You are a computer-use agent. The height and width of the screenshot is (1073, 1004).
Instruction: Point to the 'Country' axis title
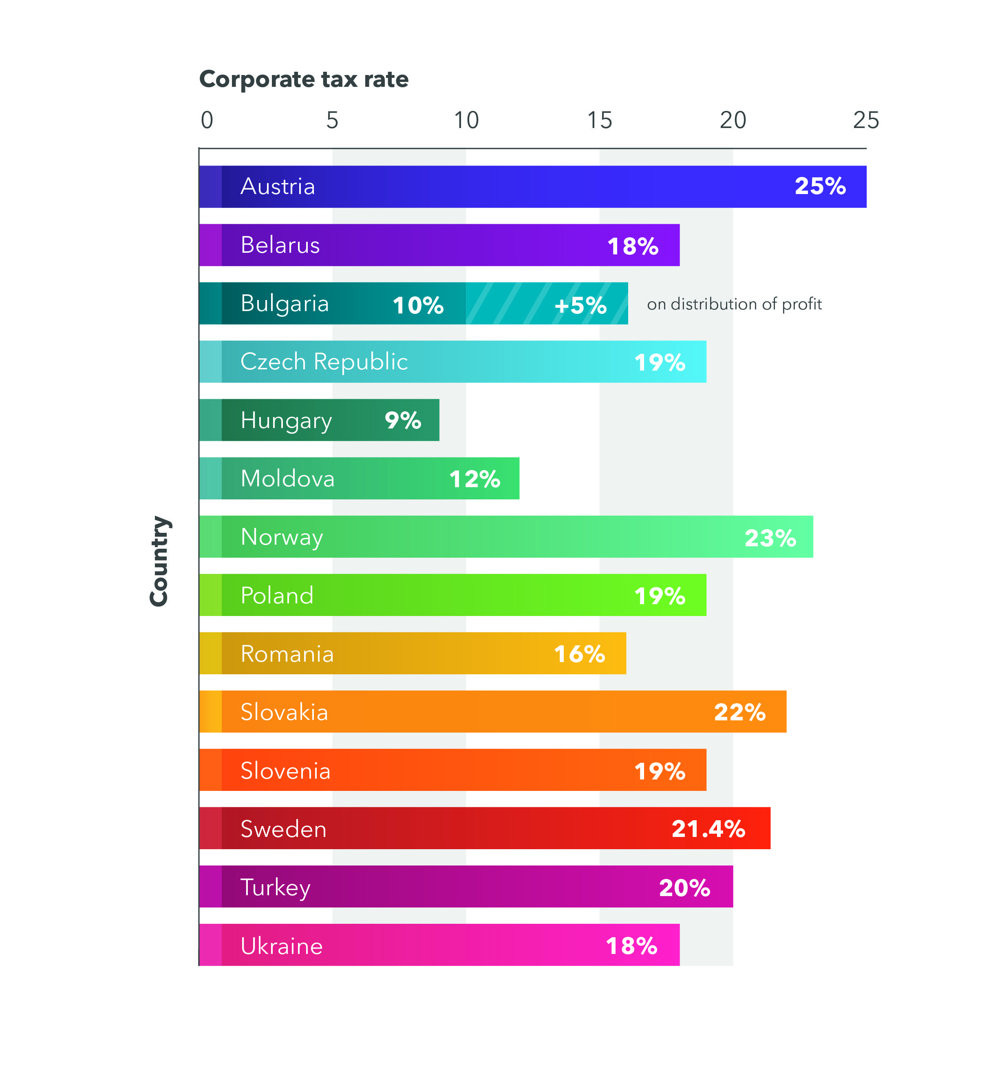[x=159, y=561]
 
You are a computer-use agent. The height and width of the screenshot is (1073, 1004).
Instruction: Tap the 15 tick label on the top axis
[x=599, y=120]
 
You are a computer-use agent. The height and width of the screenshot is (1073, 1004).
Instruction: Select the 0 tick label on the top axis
[x=207, y=120]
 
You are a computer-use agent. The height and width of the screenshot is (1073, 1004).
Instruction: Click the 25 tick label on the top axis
[x=866, y=120]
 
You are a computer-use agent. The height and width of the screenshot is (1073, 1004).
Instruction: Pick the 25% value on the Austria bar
[x=819, y=186]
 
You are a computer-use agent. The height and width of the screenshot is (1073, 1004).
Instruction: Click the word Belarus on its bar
[x=280, y=245]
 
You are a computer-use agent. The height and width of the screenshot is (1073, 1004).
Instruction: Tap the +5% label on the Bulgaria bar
[x=580, y=305]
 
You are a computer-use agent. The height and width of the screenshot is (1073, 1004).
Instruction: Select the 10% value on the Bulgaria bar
[x=418, y=305]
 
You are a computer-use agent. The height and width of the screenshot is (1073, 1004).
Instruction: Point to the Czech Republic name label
[x=324, y=362]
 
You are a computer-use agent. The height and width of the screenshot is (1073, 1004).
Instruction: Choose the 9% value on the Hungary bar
[x=403, y=420]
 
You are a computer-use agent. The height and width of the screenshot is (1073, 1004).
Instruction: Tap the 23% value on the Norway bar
[x=770, y=538]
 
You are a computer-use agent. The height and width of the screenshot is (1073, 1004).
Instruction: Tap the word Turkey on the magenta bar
[x=275, y=888]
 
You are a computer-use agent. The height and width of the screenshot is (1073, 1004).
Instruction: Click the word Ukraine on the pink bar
[x=281, y=946]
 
